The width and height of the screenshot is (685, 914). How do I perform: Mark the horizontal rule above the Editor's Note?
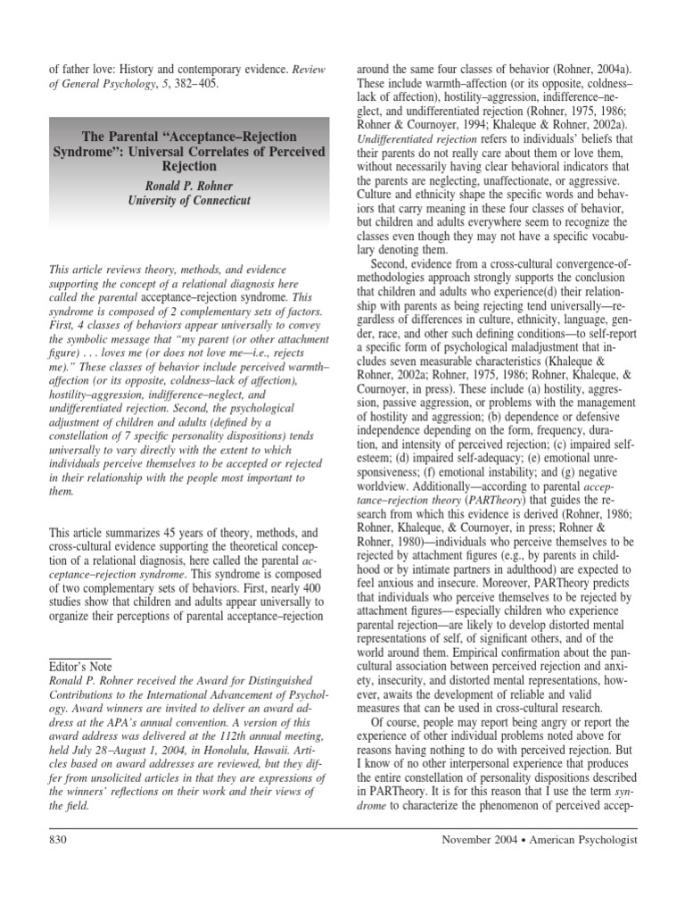point(78,656)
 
